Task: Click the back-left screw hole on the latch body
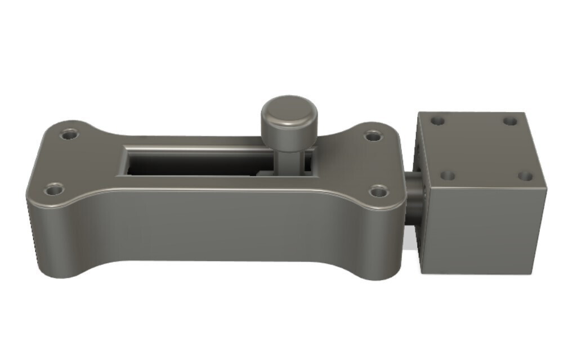coord(70,135)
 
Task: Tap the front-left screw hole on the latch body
coord(54,188)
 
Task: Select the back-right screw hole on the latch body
coord(372,136)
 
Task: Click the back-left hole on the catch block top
coord(437,120)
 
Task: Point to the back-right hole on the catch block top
coord(510,121)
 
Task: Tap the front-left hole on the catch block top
coord(448,175)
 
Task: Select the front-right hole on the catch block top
coord(525,176)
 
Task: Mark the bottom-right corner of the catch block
coord(533,273)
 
